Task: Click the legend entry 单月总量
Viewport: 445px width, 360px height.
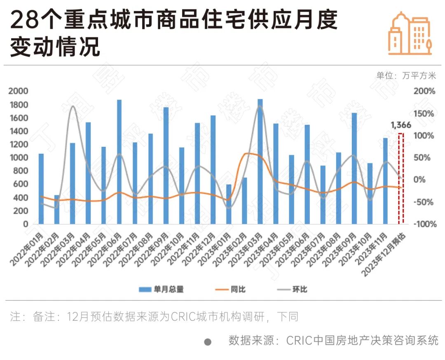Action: [162, 289]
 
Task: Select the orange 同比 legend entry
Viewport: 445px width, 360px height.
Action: [231, 289]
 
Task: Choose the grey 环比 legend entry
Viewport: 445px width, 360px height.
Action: [292, 289]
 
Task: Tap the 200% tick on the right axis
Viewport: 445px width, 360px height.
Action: [425, 91]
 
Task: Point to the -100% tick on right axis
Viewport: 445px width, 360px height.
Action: [424, 224]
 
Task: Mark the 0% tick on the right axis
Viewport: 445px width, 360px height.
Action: [424, 180]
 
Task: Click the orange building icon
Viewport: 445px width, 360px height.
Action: [410, 34]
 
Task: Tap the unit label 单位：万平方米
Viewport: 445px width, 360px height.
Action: [406, 75]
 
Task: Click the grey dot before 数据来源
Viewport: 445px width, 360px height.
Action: [208, 342]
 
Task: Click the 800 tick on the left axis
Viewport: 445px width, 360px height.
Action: [21, 171]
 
